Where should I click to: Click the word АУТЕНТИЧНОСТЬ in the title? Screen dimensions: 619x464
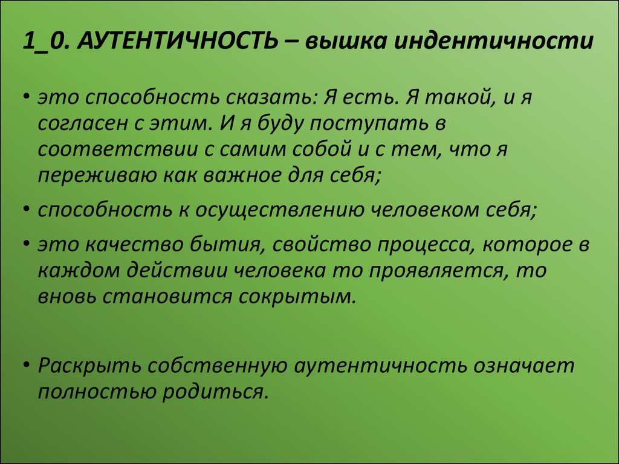pos(177,41)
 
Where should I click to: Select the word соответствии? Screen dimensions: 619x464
pos(118,150)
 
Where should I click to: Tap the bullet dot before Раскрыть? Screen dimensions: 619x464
pos(27,366)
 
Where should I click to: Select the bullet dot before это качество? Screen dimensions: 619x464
pos(27,245)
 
